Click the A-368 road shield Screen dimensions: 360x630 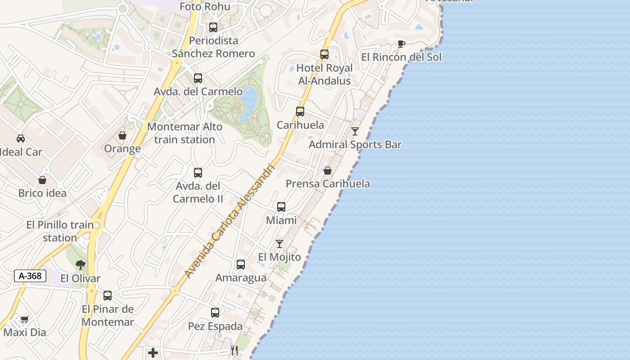tap(30, 276)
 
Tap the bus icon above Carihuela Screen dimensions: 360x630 tap(300, 112)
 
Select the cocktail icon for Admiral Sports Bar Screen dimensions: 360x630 tap(355, 131)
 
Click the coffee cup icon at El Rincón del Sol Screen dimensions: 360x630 tap(401, 44)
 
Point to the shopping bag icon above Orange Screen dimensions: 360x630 tap(122, 135)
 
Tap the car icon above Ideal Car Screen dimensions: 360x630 tap(21, 138)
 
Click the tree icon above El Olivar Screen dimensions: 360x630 tap(81, 265)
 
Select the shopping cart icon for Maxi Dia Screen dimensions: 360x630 tap(24, 319)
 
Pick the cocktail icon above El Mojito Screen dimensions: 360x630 tap(279, 244)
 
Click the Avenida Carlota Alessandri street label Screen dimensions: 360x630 tap(229, 220)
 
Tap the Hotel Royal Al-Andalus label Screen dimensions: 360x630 tap(324, 75)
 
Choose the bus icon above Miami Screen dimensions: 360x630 tap(281, 207)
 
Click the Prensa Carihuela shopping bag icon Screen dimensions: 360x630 tap(328, 171)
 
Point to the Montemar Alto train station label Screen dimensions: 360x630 tap(184, 133)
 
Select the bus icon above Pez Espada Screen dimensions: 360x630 tap(215, 312)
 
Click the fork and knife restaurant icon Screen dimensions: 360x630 tap(234, 351)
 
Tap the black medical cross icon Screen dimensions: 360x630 tap(153, 353)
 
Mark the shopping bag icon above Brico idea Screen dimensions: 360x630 tap(42, 180)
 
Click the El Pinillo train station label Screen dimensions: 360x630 tap(60, 231)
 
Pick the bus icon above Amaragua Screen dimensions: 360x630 tap(241, 265)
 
